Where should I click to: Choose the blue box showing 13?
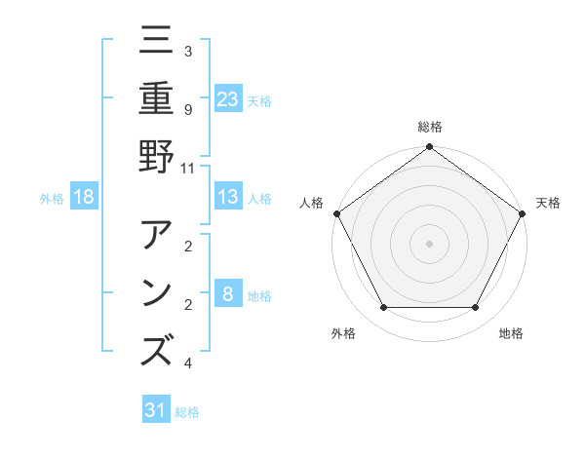click(228, 197)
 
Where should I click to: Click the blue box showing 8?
click(228, 293)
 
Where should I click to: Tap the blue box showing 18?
click(84, 197)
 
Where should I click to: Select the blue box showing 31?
click(156, 410)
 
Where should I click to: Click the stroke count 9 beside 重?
click(187, 109)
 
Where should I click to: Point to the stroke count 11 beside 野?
click(187, 168)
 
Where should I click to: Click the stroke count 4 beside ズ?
click(187, 363)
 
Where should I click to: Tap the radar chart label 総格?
click(429, 128)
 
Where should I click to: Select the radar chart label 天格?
click(548, 203)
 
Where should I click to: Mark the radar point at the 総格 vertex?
click(429, 148)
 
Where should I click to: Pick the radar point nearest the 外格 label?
click(383, 308)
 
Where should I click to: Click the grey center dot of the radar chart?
click(429, 243)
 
